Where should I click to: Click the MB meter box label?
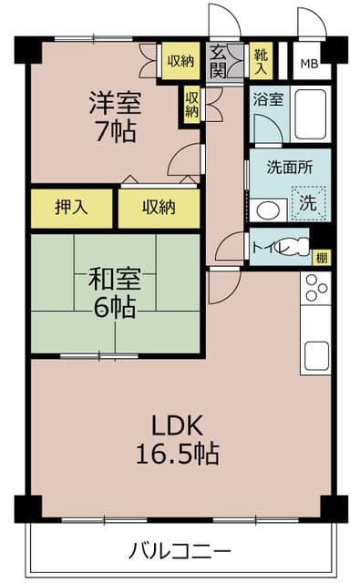pyautogui.click(x=310, y=64)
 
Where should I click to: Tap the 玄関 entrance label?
pyautogui.click(x=218, y=62)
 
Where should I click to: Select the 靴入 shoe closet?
pyautogui.click(x=261, y=61)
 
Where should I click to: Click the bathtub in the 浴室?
pyautogui.click(x=311, y=114)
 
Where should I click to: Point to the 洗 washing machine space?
pyautogui.click(x=308, y=203)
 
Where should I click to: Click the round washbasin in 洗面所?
pyautogui.click(x=268, y=211)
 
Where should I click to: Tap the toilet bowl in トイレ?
pyautogui.click(x=297, y=246)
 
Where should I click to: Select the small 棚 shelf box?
pyautogui.click(x=322, y=257)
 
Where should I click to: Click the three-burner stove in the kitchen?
pyautogui.click(x=315, y=288)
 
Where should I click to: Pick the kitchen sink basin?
pyautogui.click(x=316, y=356)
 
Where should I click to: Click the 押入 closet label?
pyautogui.click(x=71, y=207)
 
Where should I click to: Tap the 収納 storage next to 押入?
pyautogui.click(x=159, y=209)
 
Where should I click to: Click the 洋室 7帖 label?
pyautogui.click(x=115, y=118)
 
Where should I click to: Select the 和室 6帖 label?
pyautogui.click(x=115, y=293)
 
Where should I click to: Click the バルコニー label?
pyautogui.click(x=180, y=550)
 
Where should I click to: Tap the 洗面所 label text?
pyautogui.click(x=290, y=168)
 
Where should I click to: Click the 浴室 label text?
pyautogui.click(x=268, y=99)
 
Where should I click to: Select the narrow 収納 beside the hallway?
pyautogui.click(x=192, y=105)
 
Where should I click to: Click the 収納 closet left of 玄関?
pyautogui.click(x=180, y=61)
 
